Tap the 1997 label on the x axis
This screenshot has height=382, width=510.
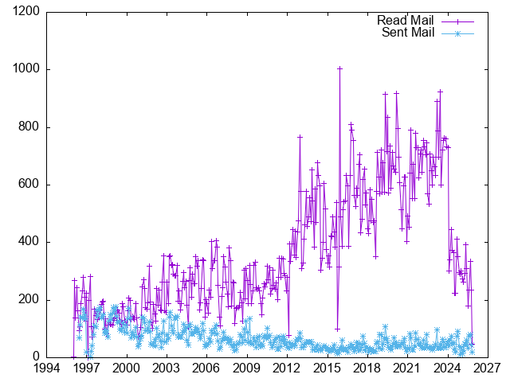pos(86,368)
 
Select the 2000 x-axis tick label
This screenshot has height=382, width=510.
pos(126,368)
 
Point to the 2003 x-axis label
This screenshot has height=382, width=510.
pos(166,368)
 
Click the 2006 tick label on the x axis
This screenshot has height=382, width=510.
pos(206,368)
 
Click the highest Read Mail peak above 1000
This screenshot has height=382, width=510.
pos(340,68)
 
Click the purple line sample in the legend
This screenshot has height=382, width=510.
pos(457,21)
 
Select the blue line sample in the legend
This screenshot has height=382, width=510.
pos(457,33)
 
